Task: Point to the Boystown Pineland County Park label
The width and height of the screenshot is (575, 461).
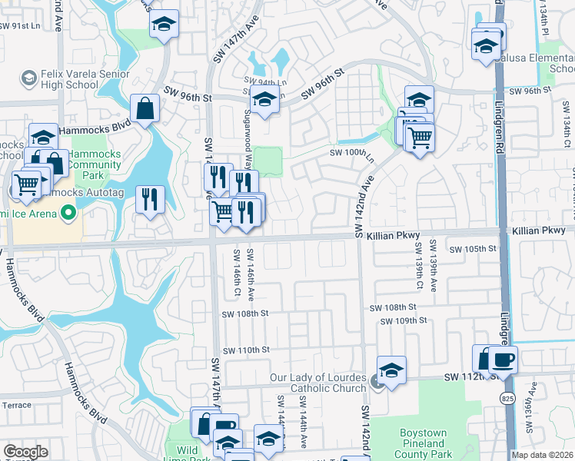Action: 422,443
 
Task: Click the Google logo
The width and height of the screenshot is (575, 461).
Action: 25,453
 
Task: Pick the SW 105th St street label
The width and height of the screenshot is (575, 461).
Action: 473,250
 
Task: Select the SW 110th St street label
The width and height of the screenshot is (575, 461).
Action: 246,350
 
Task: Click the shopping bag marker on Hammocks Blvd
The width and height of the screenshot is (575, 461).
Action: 145,108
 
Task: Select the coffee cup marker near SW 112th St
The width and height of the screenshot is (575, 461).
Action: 503,359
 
